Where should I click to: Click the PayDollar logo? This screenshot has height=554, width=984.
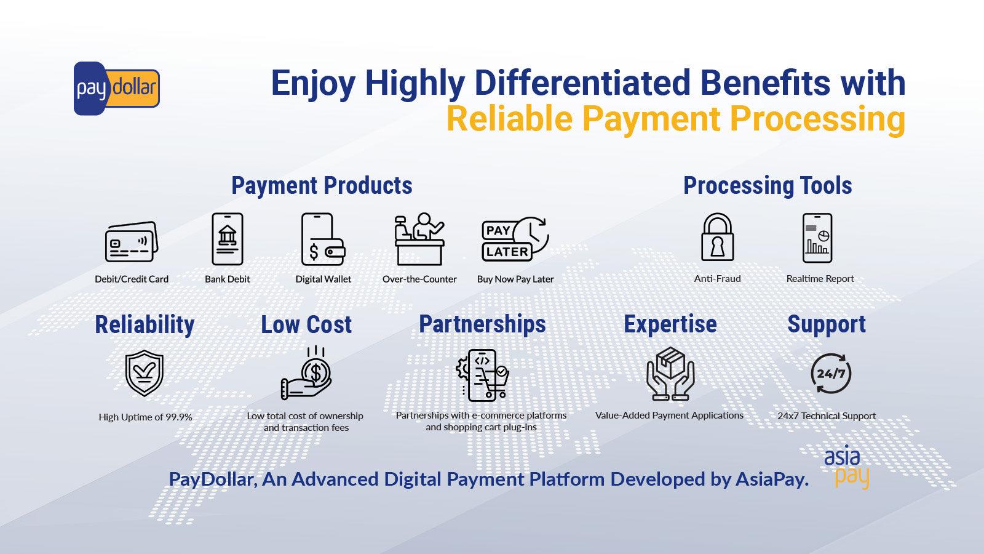click(116, 89)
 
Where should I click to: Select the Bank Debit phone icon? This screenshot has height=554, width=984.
click(228, 239)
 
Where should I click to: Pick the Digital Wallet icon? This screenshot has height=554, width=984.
click(323, 239)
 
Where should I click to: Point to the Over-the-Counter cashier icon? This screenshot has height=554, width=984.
click(419, 239)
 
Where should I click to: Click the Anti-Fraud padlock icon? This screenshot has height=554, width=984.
click(717, 238)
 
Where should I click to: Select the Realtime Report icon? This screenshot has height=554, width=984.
click(818, 238)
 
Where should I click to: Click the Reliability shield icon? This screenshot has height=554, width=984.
click(145, 373)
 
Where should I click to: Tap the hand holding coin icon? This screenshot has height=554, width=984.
click(306, 373)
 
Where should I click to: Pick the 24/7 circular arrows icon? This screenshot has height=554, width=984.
click(831, 373)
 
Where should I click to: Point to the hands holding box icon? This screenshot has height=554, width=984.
click(670, 373)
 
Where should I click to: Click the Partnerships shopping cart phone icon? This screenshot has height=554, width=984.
click(483, 374)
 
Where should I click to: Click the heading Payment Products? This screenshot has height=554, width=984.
click(322, 185)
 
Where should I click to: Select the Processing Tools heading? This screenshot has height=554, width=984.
click(768, 185)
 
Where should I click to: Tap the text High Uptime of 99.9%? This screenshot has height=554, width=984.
click(145, 417)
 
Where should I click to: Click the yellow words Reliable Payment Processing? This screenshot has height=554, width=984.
click(675, 118)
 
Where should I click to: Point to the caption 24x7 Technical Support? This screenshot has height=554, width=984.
click(826, 415)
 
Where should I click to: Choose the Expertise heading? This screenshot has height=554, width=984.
click(670, 324)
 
